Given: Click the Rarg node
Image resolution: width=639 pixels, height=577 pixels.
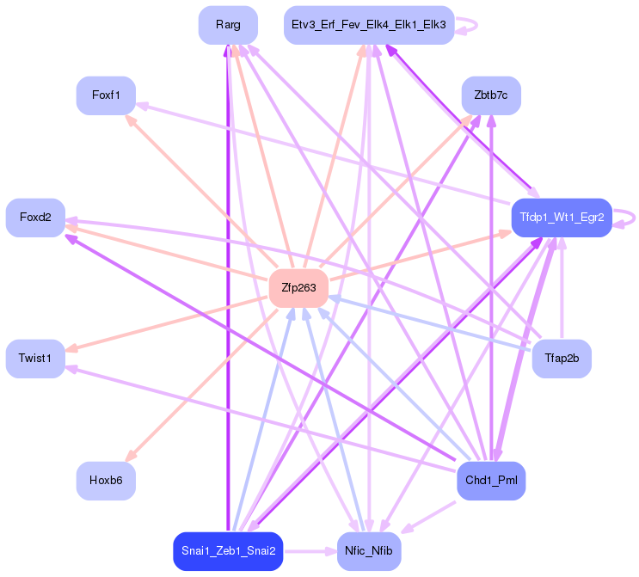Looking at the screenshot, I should [x=228, y=25].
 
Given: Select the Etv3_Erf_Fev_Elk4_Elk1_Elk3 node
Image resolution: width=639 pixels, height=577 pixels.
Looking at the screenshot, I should [x=368, y=25].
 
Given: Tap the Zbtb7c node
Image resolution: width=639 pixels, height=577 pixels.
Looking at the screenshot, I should [x=491, y=95].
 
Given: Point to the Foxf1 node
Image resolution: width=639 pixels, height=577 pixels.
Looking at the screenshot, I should [x=106, y=95].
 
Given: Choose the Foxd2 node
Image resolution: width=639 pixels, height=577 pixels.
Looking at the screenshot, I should [x=35, y=218].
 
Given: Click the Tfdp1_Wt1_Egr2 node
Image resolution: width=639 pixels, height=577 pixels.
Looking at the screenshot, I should [x=562, y=218].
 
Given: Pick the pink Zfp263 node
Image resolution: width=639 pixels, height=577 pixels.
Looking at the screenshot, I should [x=298, y=288].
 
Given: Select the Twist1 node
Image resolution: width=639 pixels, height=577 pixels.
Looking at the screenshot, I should [x=35, y=358].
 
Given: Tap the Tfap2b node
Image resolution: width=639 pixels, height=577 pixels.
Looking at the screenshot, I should [x=562, y=358].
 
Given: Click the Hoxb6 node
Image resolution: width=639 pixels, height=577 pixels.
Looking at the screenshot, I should [x=106, y=480].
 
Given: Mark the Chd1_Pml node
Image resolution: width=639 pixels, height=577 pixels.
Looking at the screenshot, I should [x=491, y=480].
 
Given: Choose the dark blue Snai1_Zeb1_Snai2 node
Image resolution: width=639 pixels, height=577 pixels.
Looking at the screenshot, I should [x=228, y=550].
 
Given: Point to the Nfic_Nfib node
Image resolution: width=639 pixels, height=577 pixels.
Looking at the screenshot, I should [x=368, y=550].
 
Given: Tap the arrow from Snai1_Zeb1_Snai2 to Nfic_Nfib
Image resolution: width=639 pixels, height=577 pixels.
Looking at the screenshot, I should [x=310, y=550].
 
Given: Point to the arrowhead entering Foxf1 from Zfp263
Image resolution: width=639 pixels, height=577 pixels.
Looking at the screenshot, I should [x=130, y=120].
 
